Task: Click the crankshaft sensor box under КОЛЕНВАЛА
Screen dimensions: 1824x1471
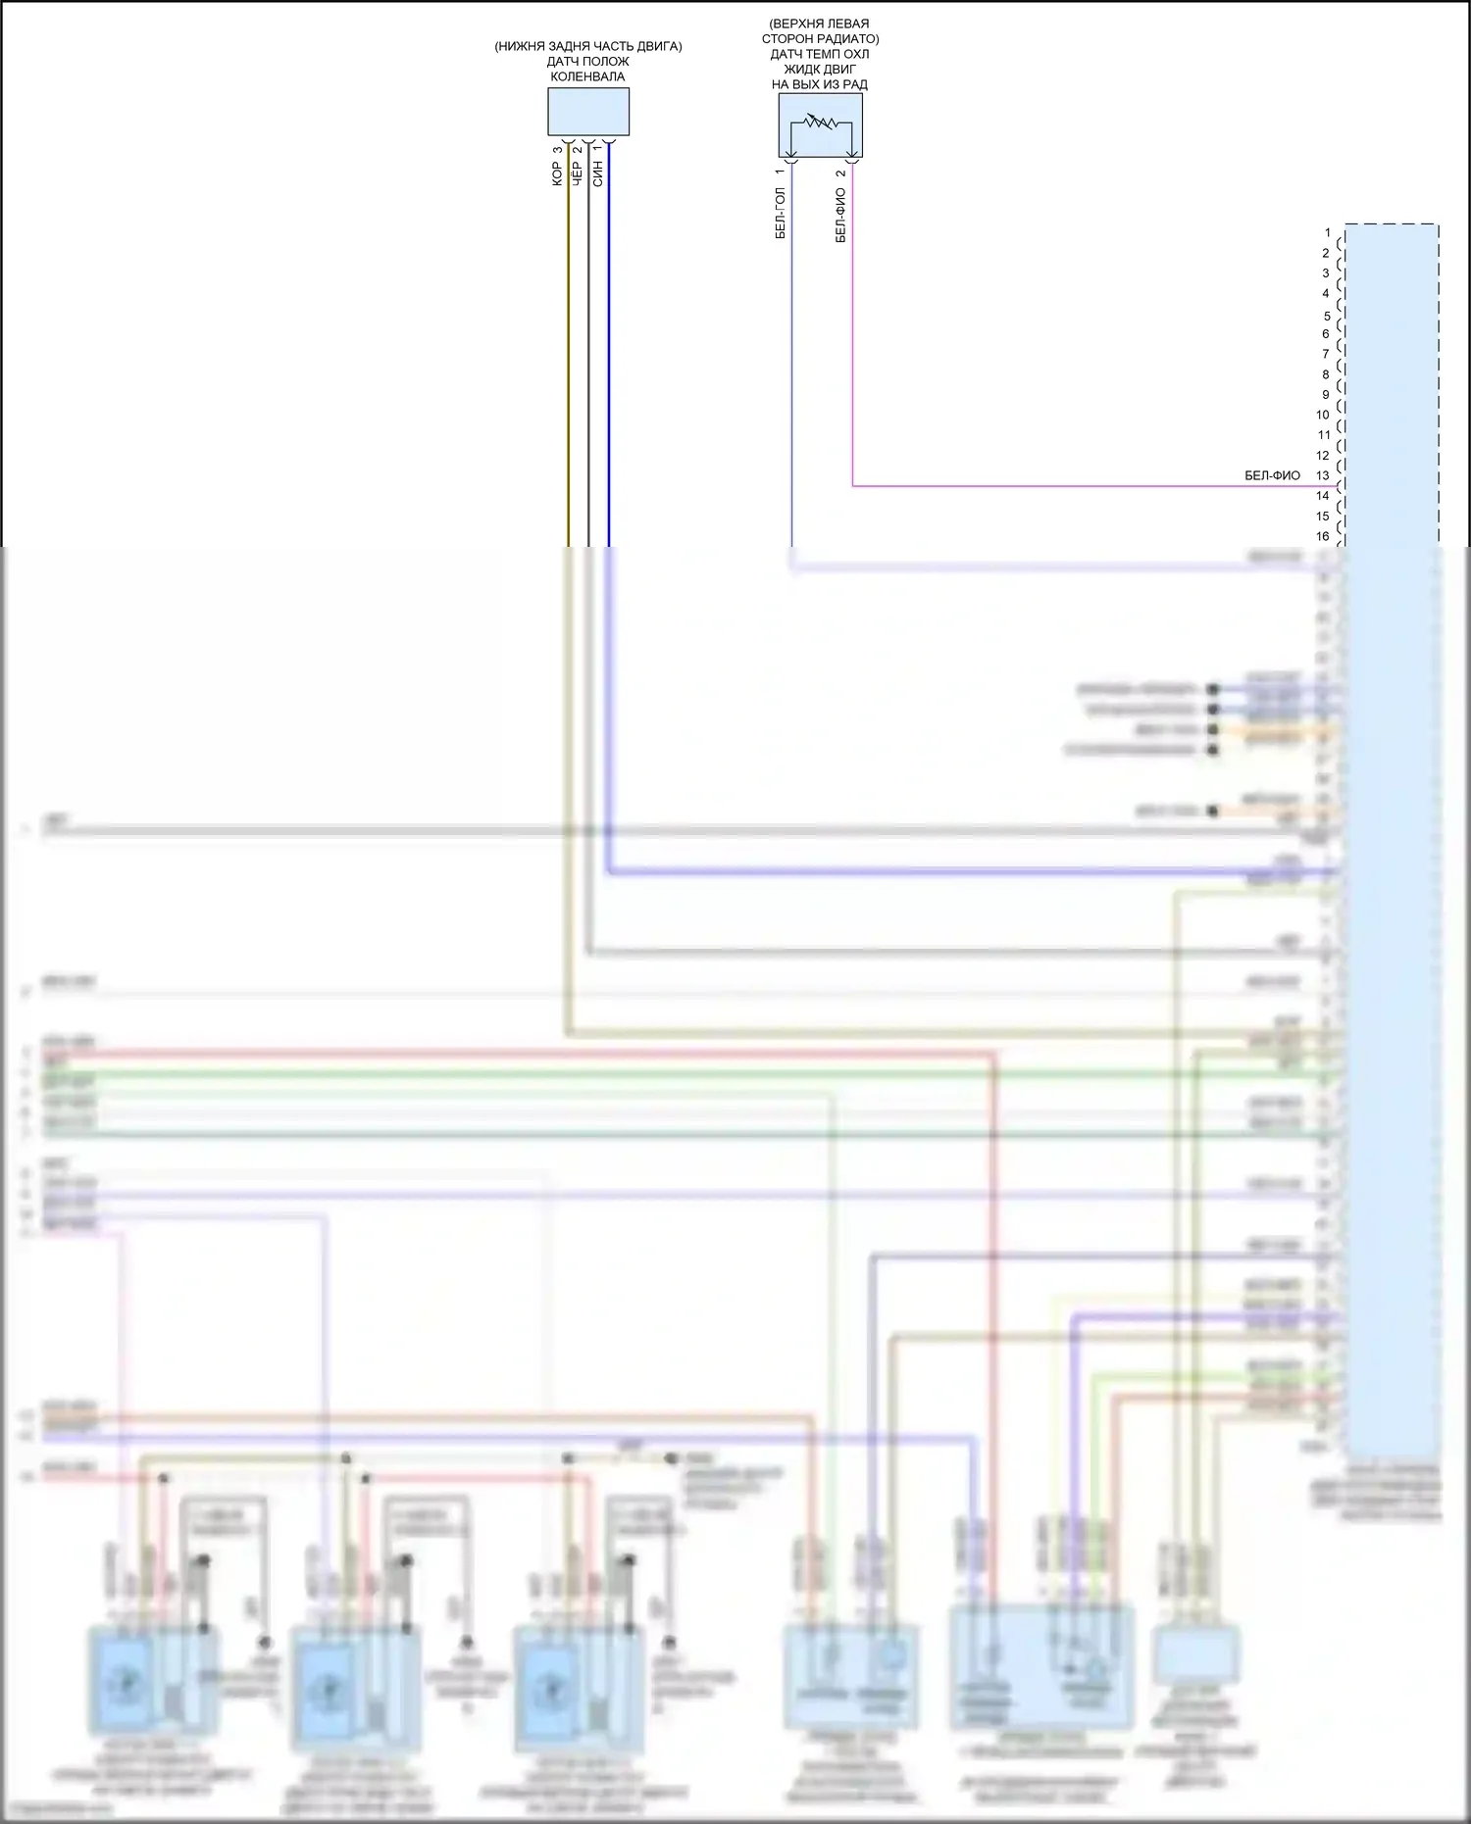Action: (587, 112)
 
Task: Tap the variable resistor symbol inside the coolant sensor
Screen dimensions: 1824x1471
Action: (820, 123)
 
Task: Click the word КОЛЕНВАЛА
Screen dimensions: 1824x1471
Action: (587, 76)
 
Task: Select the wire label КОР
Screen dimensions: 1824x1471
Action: (557, 173)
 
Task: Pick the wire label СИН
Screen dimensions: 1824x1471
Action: (598, 174)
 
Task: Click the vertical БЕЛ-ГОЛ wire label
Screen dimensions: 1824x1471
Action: (781, 213)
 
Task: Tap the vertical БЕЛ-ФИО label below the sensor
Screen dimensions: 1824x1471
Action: (840, 216)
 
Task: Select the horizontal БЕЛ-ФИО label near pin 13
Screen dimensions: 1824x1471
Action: (1272, 475)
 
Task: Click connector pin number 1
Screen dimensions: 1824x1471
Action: (1328, 233)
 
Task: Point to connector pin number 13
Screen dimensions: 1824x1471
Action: (1323, 475)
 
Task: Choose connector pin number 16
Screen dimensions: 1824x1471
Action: (1323, 536)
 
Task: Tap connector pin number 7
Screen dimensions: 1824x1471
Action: (1326, 354)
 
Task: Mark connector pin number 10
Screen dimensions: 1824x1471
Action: (1323, 415)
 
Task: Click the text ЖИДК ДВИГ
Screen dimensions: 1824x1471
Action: (820, 69)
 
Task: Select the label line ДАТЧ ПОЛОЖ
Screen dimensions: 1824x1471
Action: (587, 62)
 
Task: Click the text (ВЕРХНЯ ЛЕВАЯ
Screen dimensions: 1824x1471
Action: (820, 24)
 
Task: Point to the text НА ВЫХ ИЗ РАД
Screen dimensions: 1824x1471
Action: (820, 84)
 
